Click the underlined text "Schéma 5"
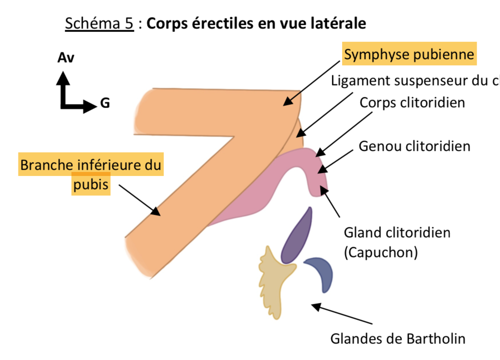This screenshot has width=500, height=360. point(99,23)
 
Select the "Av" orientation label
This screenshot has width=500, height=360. point(66,58)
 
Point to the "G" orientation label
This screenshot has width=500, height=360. point(105,104)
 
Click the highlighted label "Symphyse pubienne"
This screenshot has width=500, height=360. point(409,54)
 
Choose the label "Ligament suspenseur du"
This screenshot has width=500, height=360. point(409,81)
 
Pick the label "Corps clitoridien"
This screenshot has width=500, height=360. point(412,103)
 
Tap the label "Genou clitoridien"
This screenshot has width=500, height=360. point(414,146)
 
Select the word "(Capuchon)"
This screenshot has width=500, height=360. point(380,252)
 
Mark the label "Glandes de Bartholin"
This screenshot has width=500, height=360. point(397,338)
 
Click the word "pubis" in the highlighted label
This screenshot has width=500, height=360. point(91,185)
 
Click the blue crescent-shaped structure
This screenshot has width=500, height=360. point(323,272)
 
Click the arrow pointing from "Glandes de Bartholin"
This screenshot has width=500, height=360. point(342,315)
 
